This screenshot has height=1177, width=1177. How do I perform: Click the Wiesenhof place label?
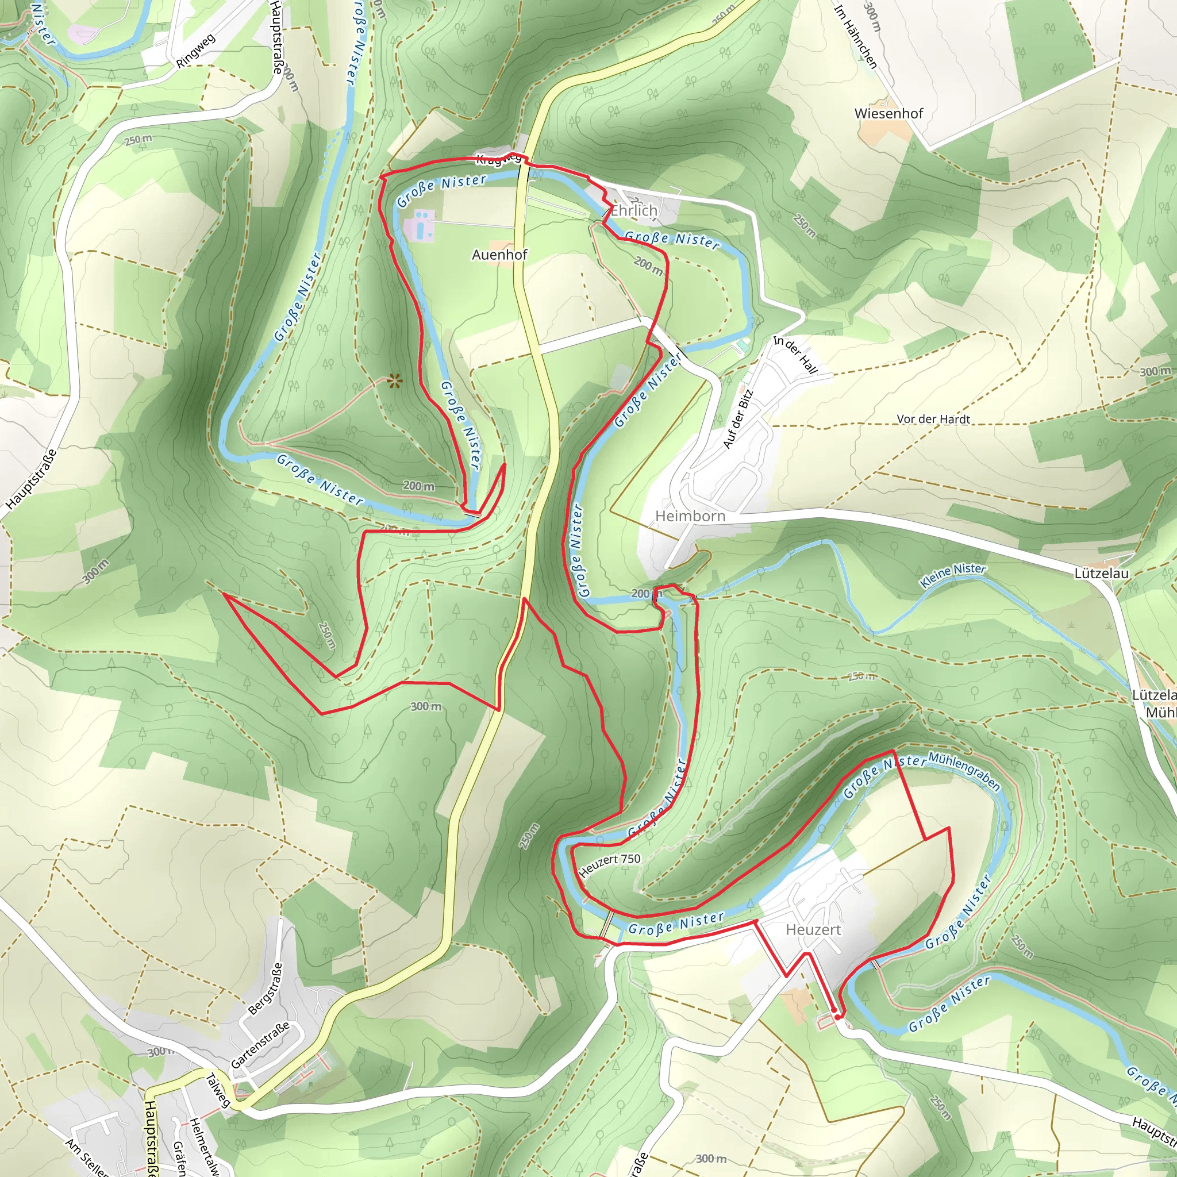(888, 113)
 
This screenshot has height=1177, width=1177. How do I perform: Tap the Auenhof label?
(499, 255)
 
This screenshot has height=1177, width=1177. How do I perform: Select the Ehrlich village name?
(634, 211)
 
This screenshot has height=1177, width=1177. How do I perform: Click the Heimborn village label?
(690, 516)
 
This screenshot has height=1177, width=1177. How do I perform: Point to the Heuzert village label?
(813, 930)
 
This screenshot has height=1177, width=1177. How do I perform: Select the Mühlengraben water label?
(964, 771)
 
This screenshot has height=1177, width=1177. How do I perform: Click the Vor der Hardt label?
(933, 419)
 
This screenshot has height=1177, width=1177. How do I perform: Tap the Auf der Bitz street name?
(738, 420)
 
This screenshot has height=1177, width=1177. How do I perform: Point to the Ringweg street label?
(195, 51)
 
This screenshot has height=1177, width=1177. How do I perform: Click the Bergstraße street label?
(266, 988)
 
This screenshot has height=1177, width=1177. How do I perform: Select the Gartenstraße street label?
(260, 1045)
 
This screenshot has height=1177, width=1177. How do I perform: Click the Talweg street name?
(217, 1090)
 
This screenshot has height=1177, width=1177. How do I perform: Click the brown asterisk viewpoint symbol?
(395, 382)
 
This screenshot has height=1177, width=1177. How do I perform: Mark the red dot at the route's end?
(838, 1017)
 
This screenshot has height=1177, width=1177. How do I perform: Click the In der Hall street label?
(795, 355)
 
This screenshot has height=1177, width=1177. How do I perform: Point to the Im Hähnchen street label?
(855, 37)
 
